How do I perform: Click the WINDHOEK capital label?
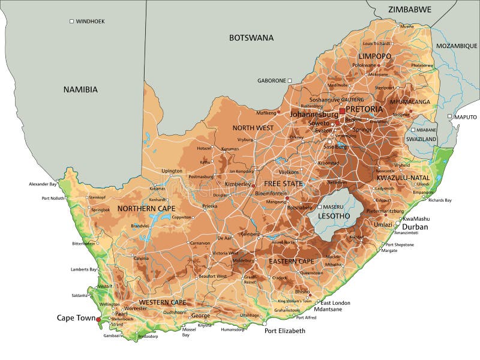pos(90,21)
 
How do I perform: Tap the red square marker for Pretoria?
pos(342,111)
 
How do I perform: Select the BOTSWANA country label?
pos(251,38)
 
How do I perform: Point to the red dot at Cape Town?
pos(98,320)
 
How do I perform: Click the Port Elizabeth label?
pos(284,331)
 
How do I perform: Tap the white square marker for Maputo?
pos(449,116)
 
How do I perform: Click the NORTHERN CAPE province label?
pos(146,208)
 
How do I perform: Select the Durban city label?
pos(415,227)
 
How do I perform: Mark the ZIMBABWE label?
pos(409,10)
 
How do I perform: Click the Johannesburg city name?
pos(314,114)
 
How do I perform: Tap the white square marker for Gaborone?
pos(289,80)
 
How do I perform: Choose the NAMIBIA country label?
pos(80,89)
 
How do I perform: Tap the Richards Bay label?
pos(440,200)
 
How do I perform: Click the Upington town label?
pos(172,171)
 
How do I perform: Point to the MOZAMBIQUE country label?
pos(457,46)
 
